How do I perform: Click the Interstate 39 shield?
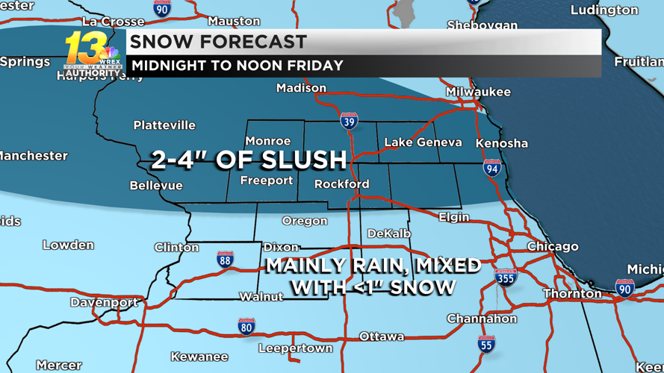[349, 121]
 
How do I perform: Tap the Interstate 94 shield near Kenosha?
[491, 168]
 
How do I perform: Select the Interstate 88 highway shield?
[225, 259]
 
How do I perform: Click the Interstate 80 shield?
[246, 325]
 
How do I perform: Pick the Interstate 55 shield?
[486, 343]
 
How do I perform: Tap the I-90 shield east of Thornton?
[624, 288]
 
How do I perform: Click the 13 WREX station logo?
[92, 54]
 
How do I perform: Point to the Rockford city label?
[341, 184]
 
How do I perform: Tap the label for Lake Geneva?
[423, 142]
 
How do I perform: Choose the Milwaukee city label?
[478, 92]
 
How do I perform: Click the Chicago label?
[553, 246]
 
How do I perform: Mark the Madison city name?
[301, 88]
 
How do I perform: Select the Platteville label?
[164, 125]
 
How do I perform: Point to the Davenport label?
[104, 302]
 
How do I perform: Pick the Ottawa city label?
[382, 336]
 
